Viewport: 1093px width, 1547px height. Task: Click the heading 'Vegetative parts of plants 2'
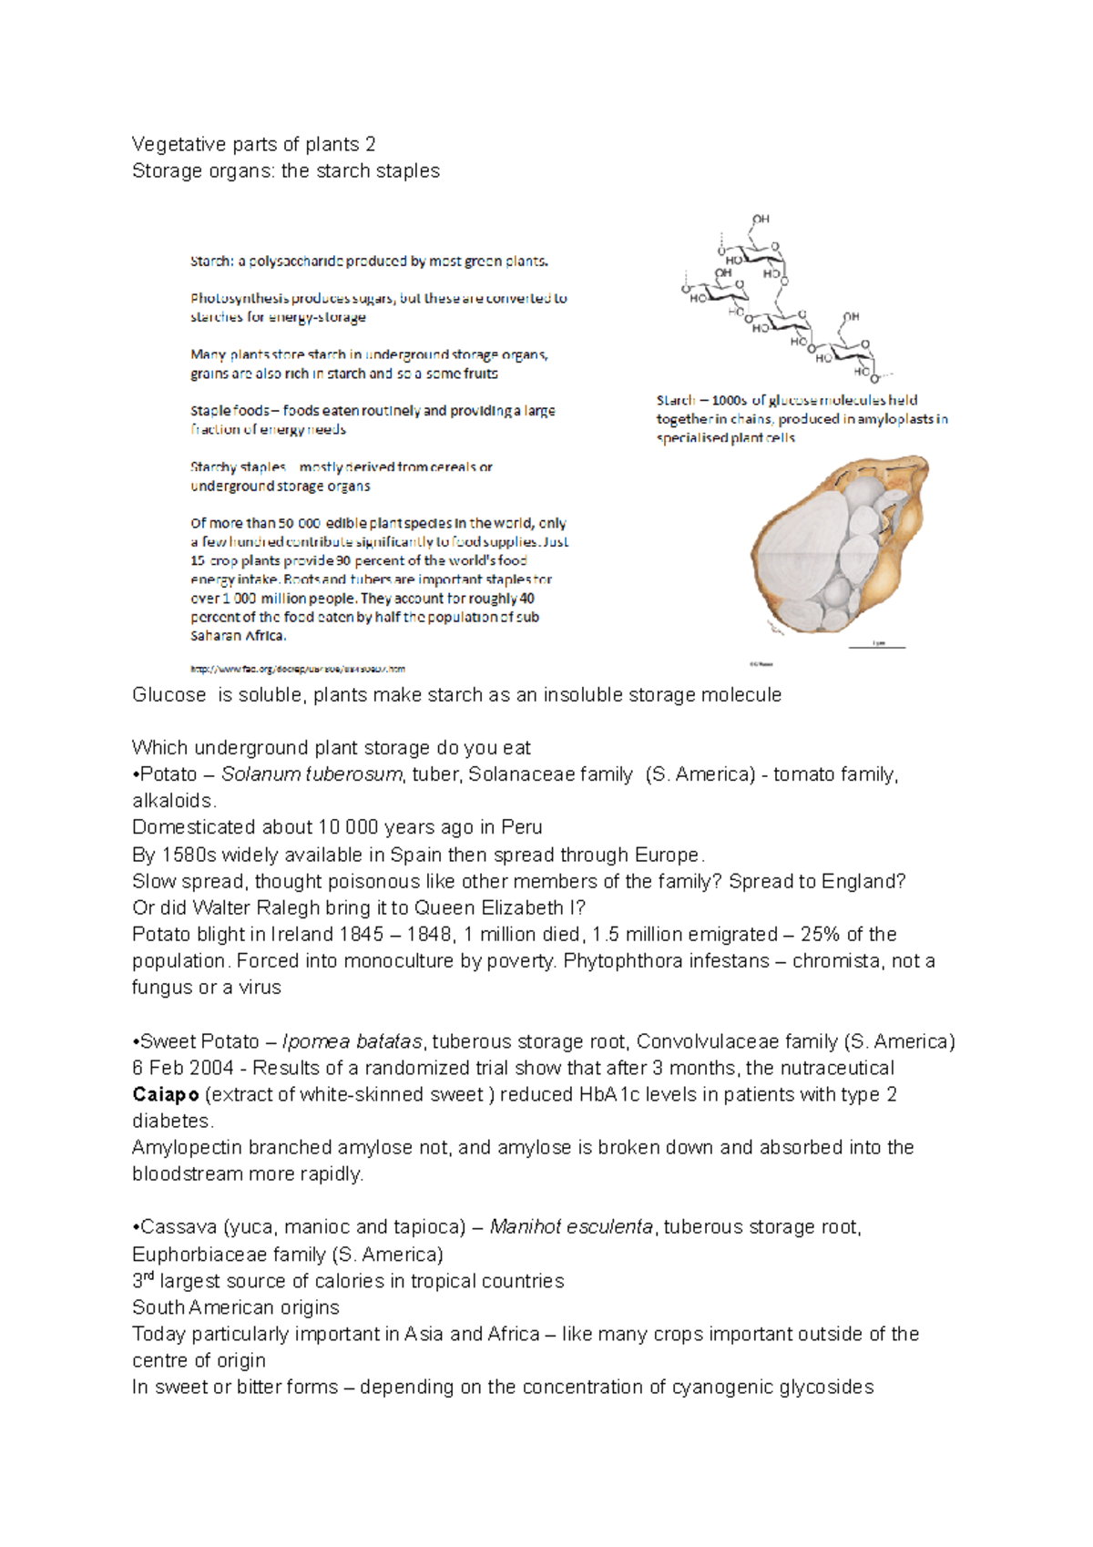coord(253,144)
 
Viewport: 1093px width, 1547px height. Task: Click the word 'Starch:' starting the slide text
coord(210,261)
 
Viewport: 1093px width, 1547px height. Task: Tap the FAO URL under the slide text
coord(298,669)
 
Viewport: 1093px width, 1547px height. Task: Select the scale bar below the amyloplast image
coord(877,646)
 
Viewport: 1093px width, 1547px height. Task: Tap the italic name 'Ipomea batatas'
coord(352,1041)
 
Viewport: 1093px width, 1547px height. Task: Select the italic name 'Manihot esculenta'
coord(571,1227)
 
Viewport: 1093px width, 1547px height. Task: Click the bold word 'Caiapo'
coord(165,1094)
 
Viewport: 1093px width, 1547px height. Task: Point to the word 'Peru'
coord(522,827)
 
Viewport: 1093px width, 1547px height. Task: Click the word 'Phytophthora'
coord(619,960)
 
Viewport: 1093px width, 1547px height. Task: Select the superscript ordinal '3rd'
coord(143,1280)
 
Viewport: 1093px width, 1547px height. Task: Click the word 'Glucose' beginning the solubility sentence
coord(169,695)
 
